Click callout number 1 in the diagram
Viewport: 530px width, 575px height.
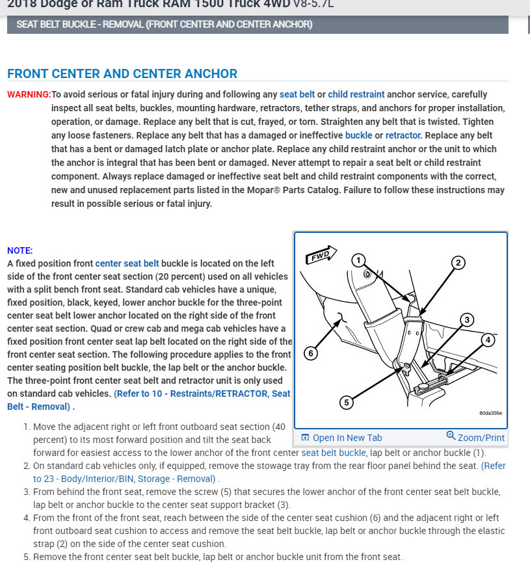(358, 261)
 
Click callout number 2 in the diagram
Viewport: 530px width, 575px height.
(458, 263)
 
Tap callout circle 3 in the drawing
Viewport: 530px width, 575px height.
(467, 319)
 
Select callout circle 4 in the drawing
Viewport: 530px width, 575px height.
(488, 340)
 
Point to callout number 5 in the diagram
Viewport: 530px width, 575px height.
(347, 403)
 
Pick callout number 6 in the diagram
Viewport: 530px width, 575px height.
(311, 353)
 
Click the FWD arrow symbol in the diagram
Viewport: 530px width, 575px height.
(321, 254)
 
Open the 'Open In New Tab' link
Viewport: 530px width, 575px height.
(346, 438)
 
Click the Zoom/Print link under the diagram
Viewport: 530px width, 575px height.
(475, 438)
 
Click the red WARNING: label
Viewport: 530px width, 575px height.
(29, 94)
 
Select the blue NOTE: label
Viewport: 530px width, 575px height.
(20, 250)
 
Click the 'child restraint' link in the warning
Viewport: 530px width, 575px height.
(356, 94)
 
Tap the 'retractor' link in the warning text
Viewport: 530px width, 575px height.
(403, 135)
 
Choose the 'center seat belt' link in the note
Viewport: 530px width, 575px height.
(127, 263)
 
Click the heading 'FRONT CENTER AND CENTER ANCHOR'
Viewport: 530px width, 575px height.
(122, 74)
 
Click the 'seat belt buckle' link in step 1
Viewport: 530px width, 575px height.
(334, 453)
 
